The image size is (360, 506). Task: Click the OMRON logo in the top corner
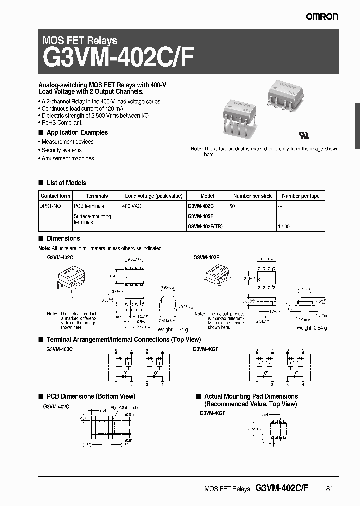point(322,17)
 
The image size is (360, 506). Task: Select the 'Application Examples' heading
point(77,132)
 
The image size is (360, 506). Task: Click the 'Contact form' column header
point(55,196)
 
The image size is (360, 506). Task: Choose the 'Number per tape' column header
point(300,196)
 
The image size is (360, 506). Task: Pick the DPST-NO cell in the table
point(50,206)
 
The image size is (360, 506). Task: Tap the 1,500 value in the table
point(284,226)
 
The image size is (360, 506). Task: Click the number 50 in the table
point(232,206)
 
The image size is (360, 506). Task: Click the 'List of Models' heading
point(66,183)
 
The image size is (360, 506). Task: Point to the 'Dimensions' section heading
point(63,238)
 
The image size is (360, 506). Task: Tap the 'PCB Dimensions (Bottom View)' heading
point(90,396)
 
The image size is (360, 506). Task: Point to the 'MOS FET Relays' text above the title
point(80,41)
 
